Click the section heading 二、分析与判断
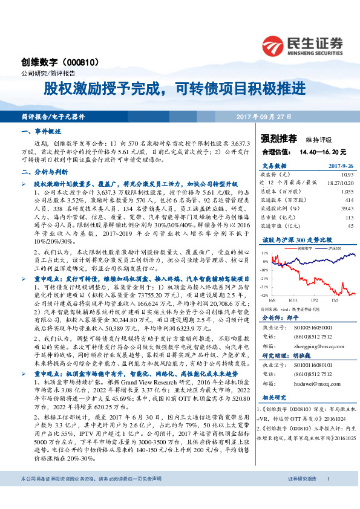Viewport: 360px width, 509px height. pos(44,171)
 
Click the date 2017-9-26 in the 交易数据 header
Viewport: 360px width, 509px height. pos(339,165)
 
